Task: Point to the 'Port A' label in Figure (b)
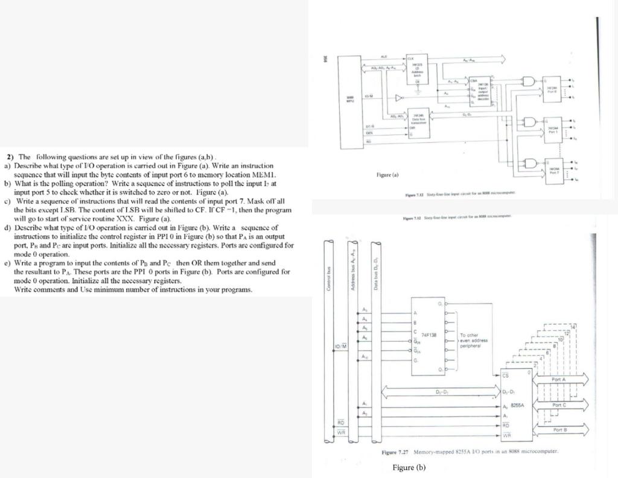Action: tap(559, 380)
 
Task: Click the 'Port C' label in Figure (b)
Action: tap(559, 404)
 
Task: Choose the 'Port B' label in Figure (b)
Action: tap(559, 430)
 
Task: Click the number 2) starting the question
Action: tap(10, 156)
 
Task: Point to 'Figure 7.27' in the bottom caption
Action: tap(396, 451)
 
